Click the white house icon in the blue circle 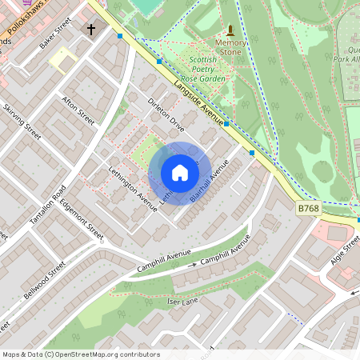180,172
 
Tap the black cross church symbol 90,30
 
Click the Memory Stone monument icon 230,30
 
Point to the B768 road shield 309,208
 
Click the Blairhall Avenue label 210,180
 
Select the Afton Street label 78,110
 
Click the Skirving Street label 22,121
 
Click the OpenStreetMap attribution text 80,354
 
